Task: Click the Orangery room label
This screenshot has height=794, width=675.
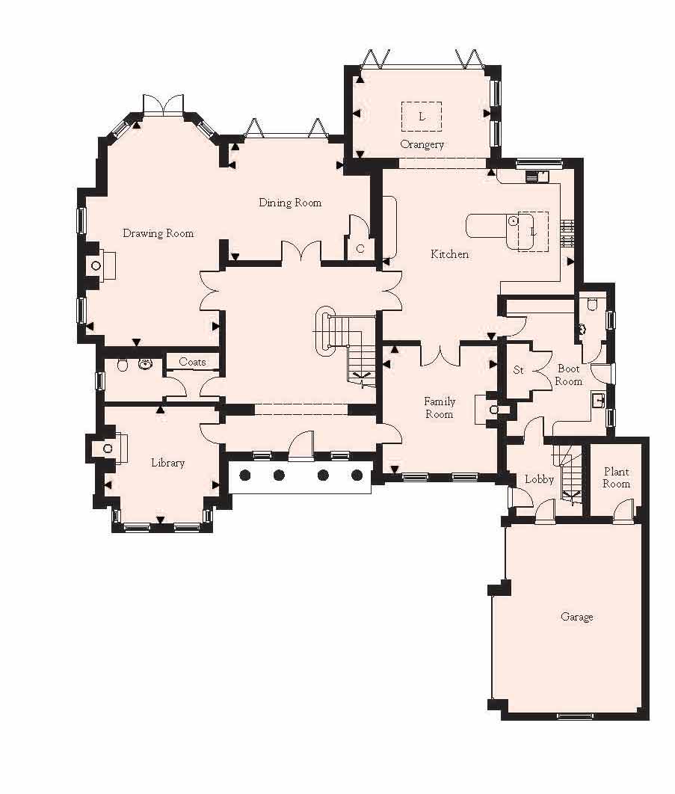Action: point(422,144)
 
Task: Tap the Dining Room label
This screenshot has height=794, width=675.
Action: point(290,203)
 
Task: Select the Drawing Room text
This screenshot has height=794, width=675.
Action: point(158,233)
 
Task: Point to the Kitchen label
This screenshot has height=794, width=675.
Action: point(450,254)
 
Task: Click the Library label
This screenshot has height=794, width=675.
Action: point(167,463)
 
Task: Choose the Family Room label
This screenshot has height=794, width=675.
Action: point(440,407)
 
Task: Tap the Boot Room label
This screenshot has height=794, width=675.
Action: point(568,375)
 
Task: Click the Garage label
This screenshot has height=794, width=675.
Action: point(577,617)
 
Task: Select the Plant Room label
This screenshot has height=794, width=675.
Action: point(617,478)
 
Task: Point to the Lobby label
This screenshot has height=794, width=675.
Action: point(538,479)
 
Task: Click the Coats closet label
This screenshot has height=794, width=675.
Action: point(192,362)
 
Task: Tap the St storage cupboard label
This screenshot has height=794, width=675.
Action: point(518,370)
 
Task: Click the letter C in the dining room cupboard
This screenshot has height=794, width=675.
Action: point(360,248)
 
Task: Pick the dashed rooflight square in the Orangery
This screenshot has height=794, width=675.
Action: point(422,116)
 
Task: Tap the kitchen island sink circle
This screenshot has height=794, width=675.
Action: point(513,221)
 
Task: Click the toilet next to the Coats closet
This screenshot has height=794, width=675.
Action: point(123,365)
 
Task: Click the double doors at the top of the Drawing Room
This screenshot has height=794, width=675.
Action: point(163,105)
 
